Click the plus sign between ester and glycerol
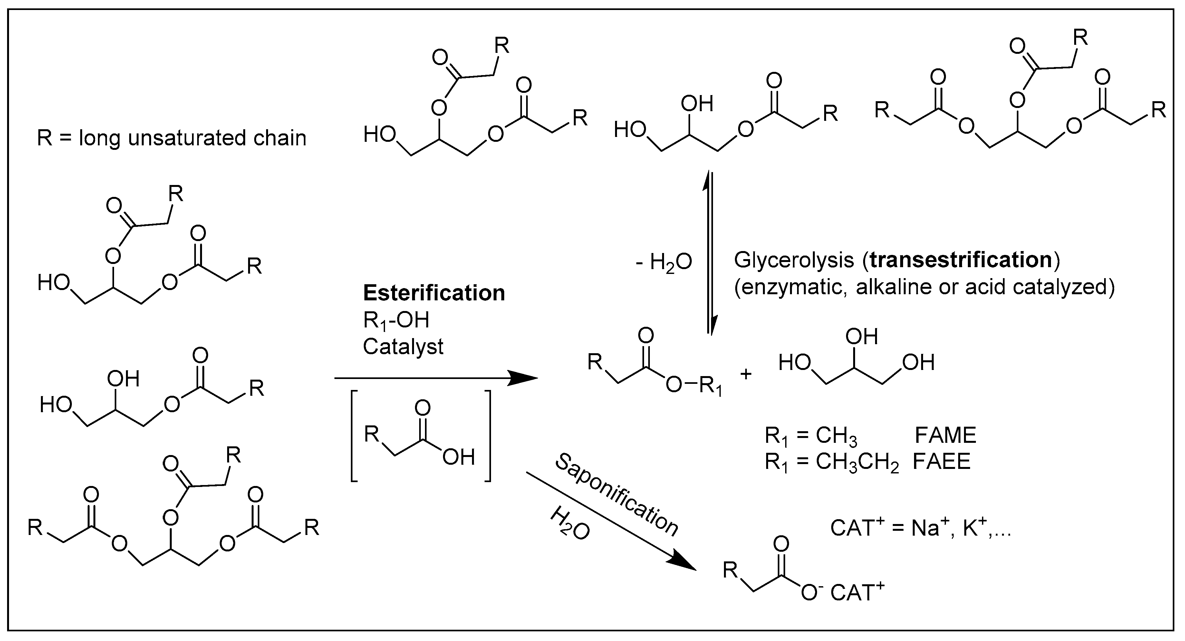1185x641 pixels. coord(745,374)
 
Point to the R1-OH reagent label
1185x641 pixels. coord(396,321)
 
